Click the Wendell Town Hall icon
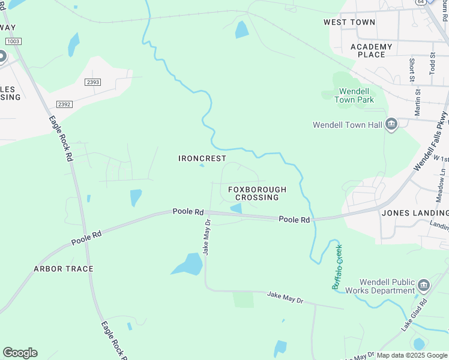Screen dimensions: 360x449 click(391, 125)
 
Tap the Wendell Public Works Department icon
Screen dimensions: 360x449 click(424, 284)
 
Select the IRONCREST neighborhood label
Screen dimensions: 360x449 click(202, 158)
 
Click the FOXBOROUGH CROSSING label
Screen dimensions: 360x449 click(257, 193)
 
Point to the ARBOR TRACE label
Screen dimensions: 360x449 click(64, 269)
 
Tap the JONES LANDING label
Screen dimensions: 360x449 click(415, 213)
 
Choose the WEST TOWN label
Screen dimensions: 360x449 click(349, 22)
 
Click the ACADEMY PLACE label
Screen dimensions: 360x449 click(371, 50)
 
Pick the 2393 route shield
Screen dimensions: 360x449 click(92, 82)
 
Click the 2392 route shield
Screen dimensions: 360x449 click(64, 104)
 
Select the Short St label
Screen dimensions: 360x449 click(412, 70)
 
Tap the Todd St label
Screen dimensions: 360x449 click(432, 64)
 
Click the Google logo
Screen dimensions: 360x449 click(20, 353)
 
